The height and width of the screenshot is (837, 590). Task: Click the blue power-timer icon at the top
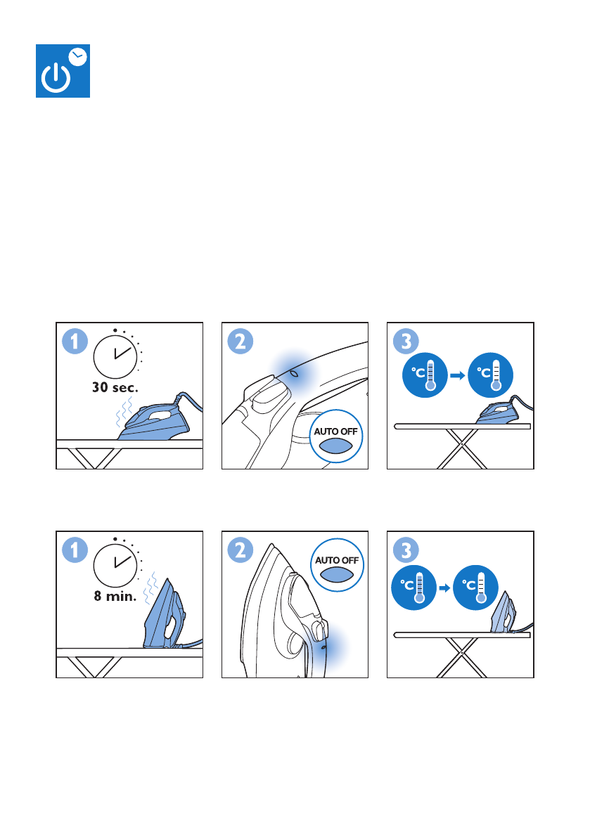(63, 71)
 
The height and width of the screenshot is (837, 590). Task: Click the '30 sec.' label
(115, 387)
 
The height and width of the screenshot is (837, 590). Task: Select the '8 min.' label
(115, 596)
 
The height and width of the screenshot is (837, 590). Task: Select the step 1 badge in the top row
(75, 342)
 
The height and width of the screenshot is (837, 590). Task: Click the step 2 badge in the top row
(241, 342)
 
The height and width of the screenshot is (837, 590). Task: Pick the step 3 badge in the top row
(406, 342)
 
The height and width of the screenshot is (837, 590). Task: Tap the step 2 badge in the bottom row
(241, 550)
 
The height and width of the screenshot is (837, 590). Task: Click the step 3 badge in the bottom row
(406, 550)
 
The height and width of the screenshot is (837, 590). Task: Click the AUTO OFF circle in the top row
(336, 436)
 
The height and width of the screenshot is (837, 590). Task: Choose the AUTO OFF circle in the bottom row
(337, 565)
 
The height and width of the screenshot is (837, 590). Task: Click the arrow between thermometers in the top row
(458, 375)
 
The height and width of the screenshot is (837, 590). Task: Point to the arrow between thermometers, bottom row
(444, 588)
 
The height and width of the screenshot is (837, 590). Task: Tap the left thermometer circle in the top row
(425, 375)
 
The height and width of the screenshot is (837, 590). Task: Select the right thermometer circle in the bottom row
(476, 588)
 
